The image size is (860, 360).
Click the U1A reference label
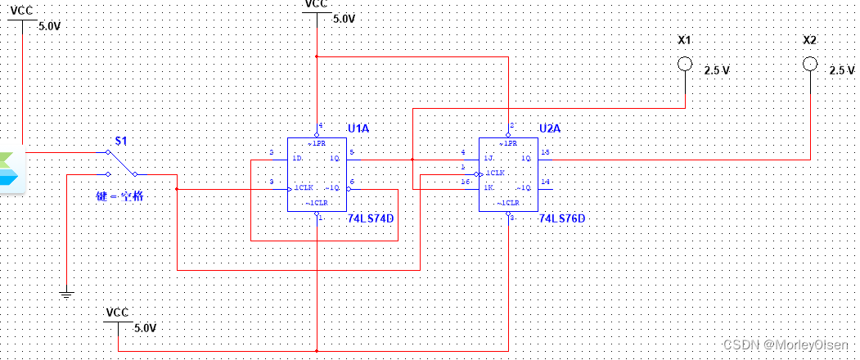coord(359,128)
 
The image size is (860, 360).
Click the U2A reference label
coord(551,128)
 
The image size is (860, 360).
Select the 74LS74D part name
coord(371,219)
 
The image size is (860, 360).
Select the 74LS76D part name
coord(562,219)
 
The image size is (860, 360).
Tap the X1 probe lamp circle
coord(684,65)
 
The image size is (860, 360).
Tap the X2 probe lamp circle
coord(810,65)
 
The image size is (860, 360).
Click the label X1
coord(684,40)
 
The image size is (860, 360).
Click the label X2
coord(810,40)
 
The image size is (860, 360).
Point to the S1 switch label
coord(120,141)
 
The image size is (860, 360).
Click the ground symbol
coord(66,293)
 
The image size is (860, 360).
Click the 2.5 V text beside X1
coord(716,71)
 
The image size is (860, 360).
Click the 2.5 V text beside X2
coord(841,71)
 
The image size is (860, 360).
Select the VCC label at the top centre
coord(316,4)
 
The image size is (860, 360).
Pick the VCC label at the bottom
coord(118,313)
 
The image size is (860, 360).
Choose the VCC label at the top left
coord(22,10)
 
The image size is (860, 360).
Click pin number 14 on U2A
coord(545,182)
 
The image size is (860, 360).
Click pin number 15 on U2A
coord(545,151)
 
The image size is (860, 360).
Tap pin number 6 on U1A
coord(352,182)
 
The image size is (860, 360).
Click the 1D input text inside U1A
coord(298,158)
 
